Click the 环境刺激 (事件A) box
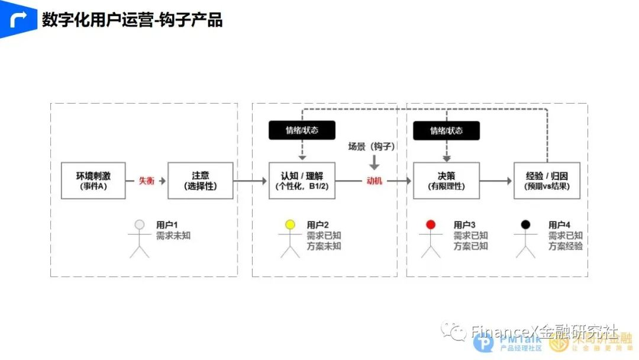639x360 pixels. tap(93, 181)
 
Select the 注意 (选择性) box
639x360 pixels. tap(201, 181)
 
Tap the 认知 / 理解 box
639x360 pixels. tap(302, 181)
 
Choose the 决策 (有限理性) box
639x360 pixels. tap(446, 181)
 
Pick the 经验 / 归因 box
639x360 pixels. tap(547, 181)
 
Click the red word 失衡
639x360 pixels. tap(146, 181)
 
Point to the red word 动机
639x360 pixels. tap(374, 181)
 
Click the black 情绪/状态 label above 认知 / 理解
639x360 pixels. tap(302, 130)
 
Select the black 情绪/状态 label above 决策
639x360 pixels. tap(446, 131)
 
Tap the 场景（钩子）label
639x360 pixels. tap(372, 146)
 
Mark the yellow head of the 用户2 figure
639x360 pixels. tap(290, 224)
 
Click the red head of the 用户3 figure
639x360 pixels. tap(431, 224)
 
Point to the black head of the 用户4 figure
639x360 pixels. tap(525, 224)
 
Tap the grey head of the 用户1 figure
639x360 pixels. tap(139, 224)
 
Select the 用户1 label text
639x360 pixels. tap(167, 225)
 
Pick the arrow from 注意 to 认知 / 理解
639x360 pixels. tap(250, 181)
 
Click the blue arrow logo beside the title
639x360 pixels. tap(18, 20)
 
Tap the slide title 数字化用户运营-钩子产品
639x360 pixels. tap(132, 20)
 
